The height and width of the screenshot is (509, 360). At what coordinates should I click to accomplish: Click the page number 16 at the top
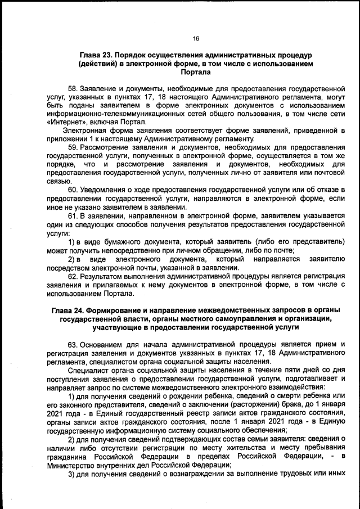pos(196,39)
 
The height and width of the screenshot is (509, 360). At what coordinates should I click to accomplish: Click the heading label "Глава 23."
pos(97,56)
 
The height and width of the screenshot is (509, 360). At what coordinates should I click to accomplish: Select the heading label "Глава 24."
pos(70,311)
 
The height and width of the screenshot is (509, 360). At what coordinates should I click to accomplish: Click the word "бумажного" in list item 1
pos(115,241)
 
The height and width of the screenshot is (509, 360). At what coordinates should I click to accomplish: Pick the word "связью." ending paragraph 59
pos(58,181)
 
